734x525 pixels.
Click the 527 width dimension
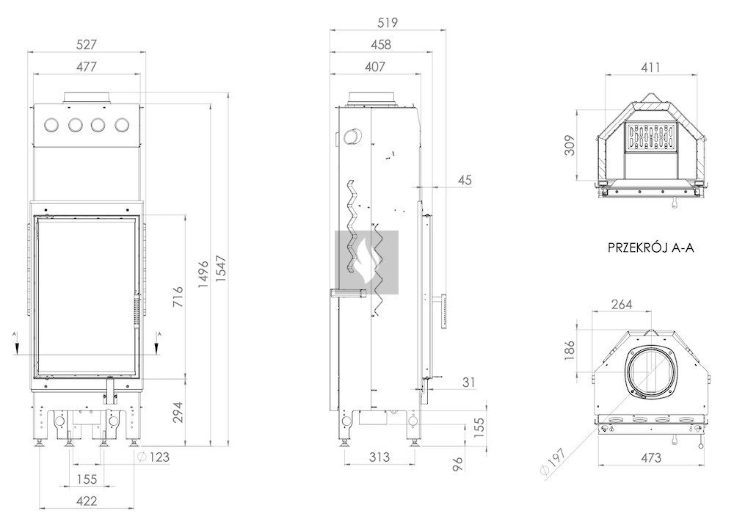[x=87, y=45]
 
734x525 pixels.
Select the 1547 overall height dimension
[x=221, y=269]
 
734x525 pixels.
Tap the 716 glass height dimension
[x=178, y=297]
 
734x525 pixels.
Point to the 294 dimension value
[x=178, y=413]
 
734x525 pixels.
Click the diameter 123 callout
[x=154, y=457]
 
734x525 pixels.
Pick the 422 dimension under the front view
[x=87, y=501]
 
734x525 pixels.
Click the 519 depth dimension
[x=388, y=23]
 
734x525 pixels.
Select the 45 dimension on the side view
[x=465, y=180]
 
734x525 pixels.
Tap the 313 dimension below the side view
[x=379, y=457]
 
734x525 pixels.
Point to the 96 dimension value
[x=458, y=464]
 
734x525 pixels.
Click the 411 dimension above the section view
[x=650, y=68]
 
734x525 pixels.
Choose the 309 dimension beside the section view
[x=570, y=145]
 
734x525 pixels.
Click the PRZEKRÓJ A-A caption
[x=650, y=247]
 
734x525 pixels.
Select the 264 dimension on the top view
[x=622, y=305]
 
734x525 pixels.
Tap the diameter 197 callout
[x=553, y=461]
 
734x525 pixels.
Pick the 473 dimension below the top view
[x=650, y=457]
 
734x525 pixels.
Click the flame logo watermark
[x=366, y=262]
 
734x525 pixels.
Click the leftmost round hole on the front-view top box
[x=51, y=125]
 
